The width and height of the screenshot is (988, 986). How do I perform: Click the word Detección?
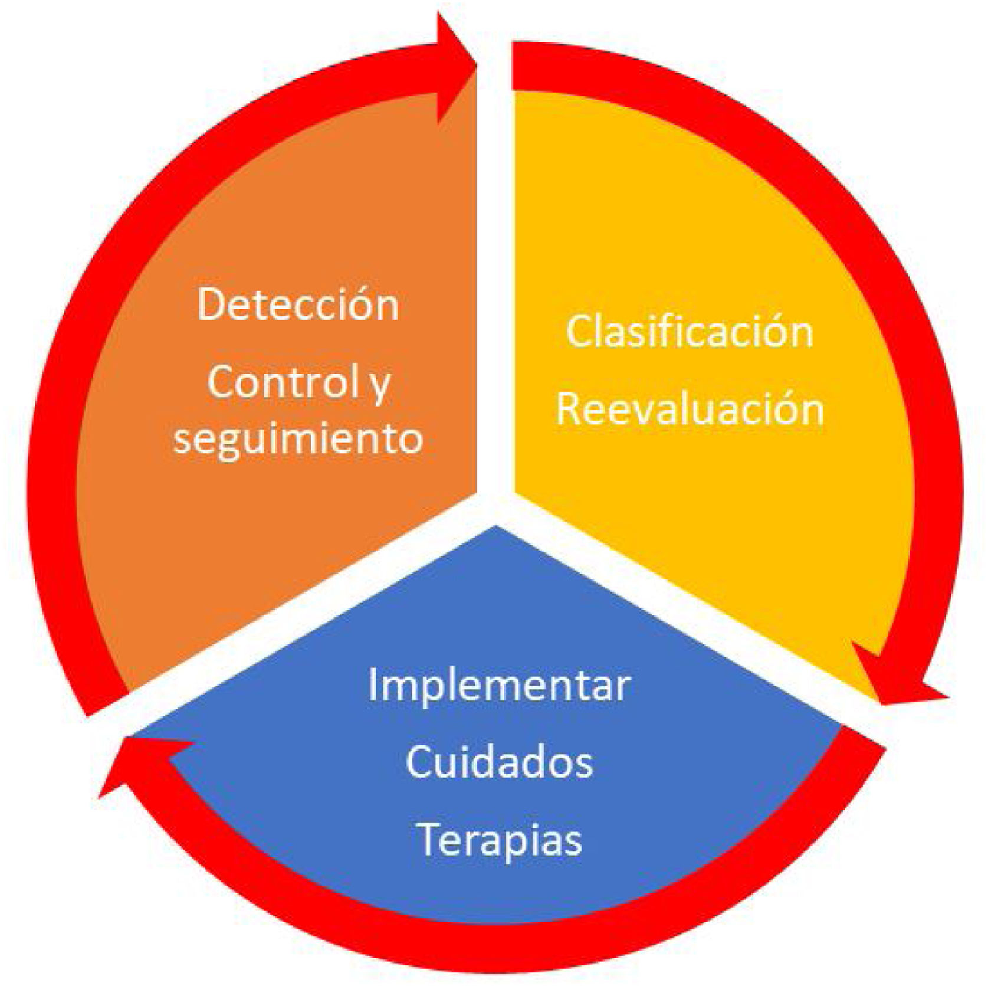pyautogui.click(x=298, y=304)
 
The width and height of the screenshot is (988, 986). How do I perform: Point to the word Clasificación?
pyautogui.click(x=690, y=332)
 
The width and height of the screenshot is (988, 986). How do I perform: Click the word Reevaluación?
pyautogui.click(x=690, y=409)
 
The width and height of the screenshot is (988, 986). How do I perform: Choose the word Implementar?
pyautogui.click(x=499, y=686)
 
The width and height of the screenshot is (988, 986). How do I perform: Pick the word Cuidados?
pyautogui.click(x=499, y=762)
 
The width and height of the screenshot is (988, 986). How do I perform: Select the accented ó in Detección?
pyautogui.click(x=363, y=304)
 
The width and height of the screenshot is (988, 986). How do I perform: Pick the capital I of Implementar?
pyautogui.click(x=373, y=684)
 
